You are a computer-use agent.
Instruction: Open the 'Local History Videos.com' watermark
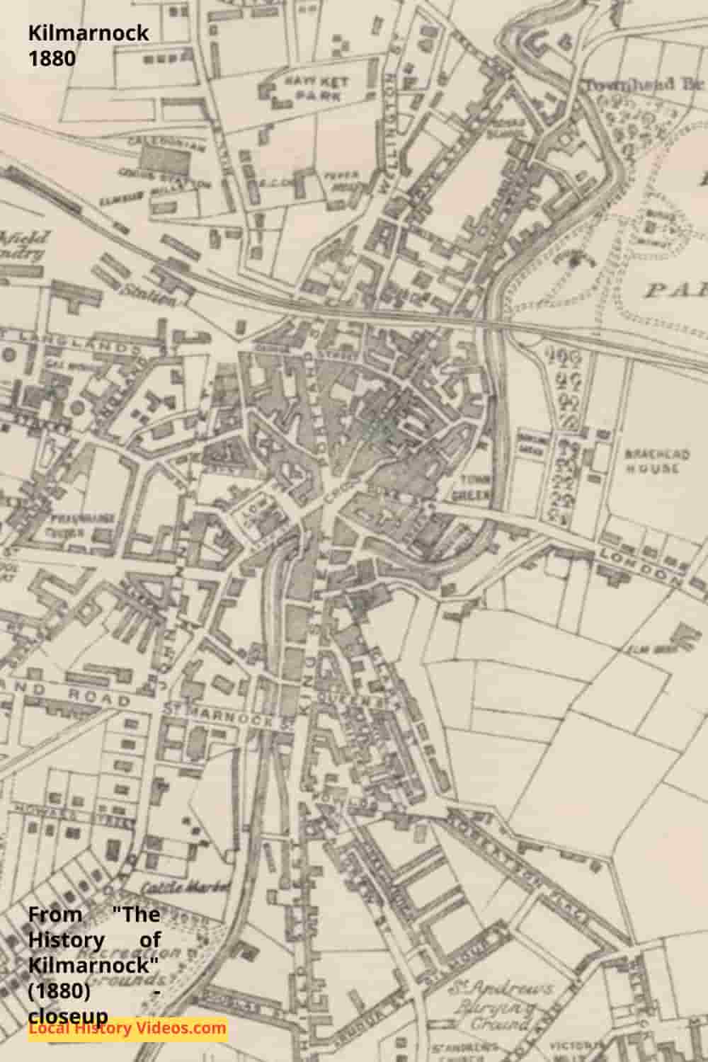point(127,1028)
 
